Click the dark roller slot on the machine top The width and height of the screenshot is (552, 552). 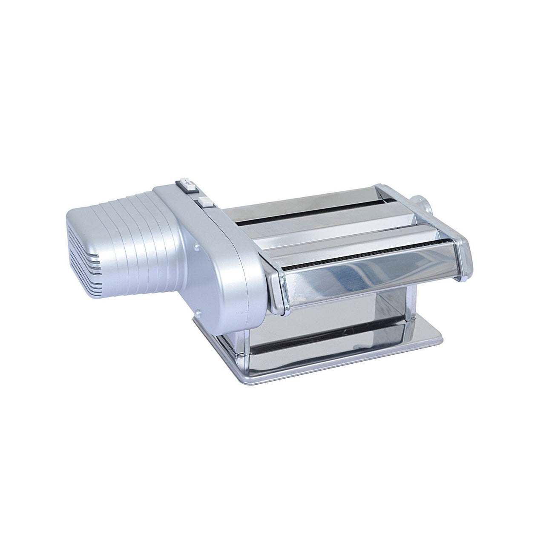[x=307, y=213]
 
